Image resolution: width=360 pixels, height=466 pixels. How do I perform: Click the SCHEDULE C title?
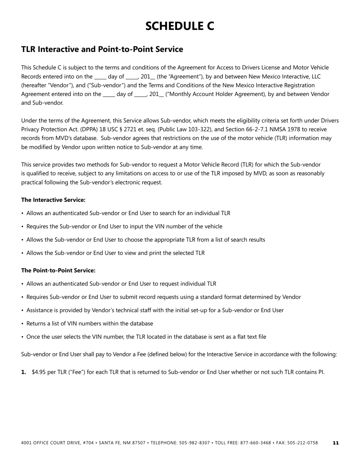click(x=180, y=26)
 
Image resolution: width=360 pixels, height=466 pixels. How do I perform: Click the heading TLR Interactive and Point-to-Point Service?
click(x=102, y=49)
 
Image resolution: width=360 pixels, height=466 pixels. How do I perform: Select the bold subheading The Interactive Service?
click(x=53, y=200)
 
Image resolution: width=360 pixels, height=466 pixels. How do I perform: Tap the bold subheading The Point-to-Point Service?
click(x=58, y=271)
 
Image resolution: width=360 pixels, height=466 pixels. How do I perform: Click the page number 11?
click(x=336, y=443)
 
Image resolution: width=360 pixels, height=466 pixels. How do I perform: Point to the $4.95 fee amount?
click(x=39, y=372)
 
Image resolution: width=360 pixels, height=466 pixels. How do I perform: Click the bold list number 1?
click(x=23, y=372)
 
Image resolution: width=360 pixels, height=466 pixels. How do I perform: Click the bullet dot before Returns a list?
click(x=23, y=324)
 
